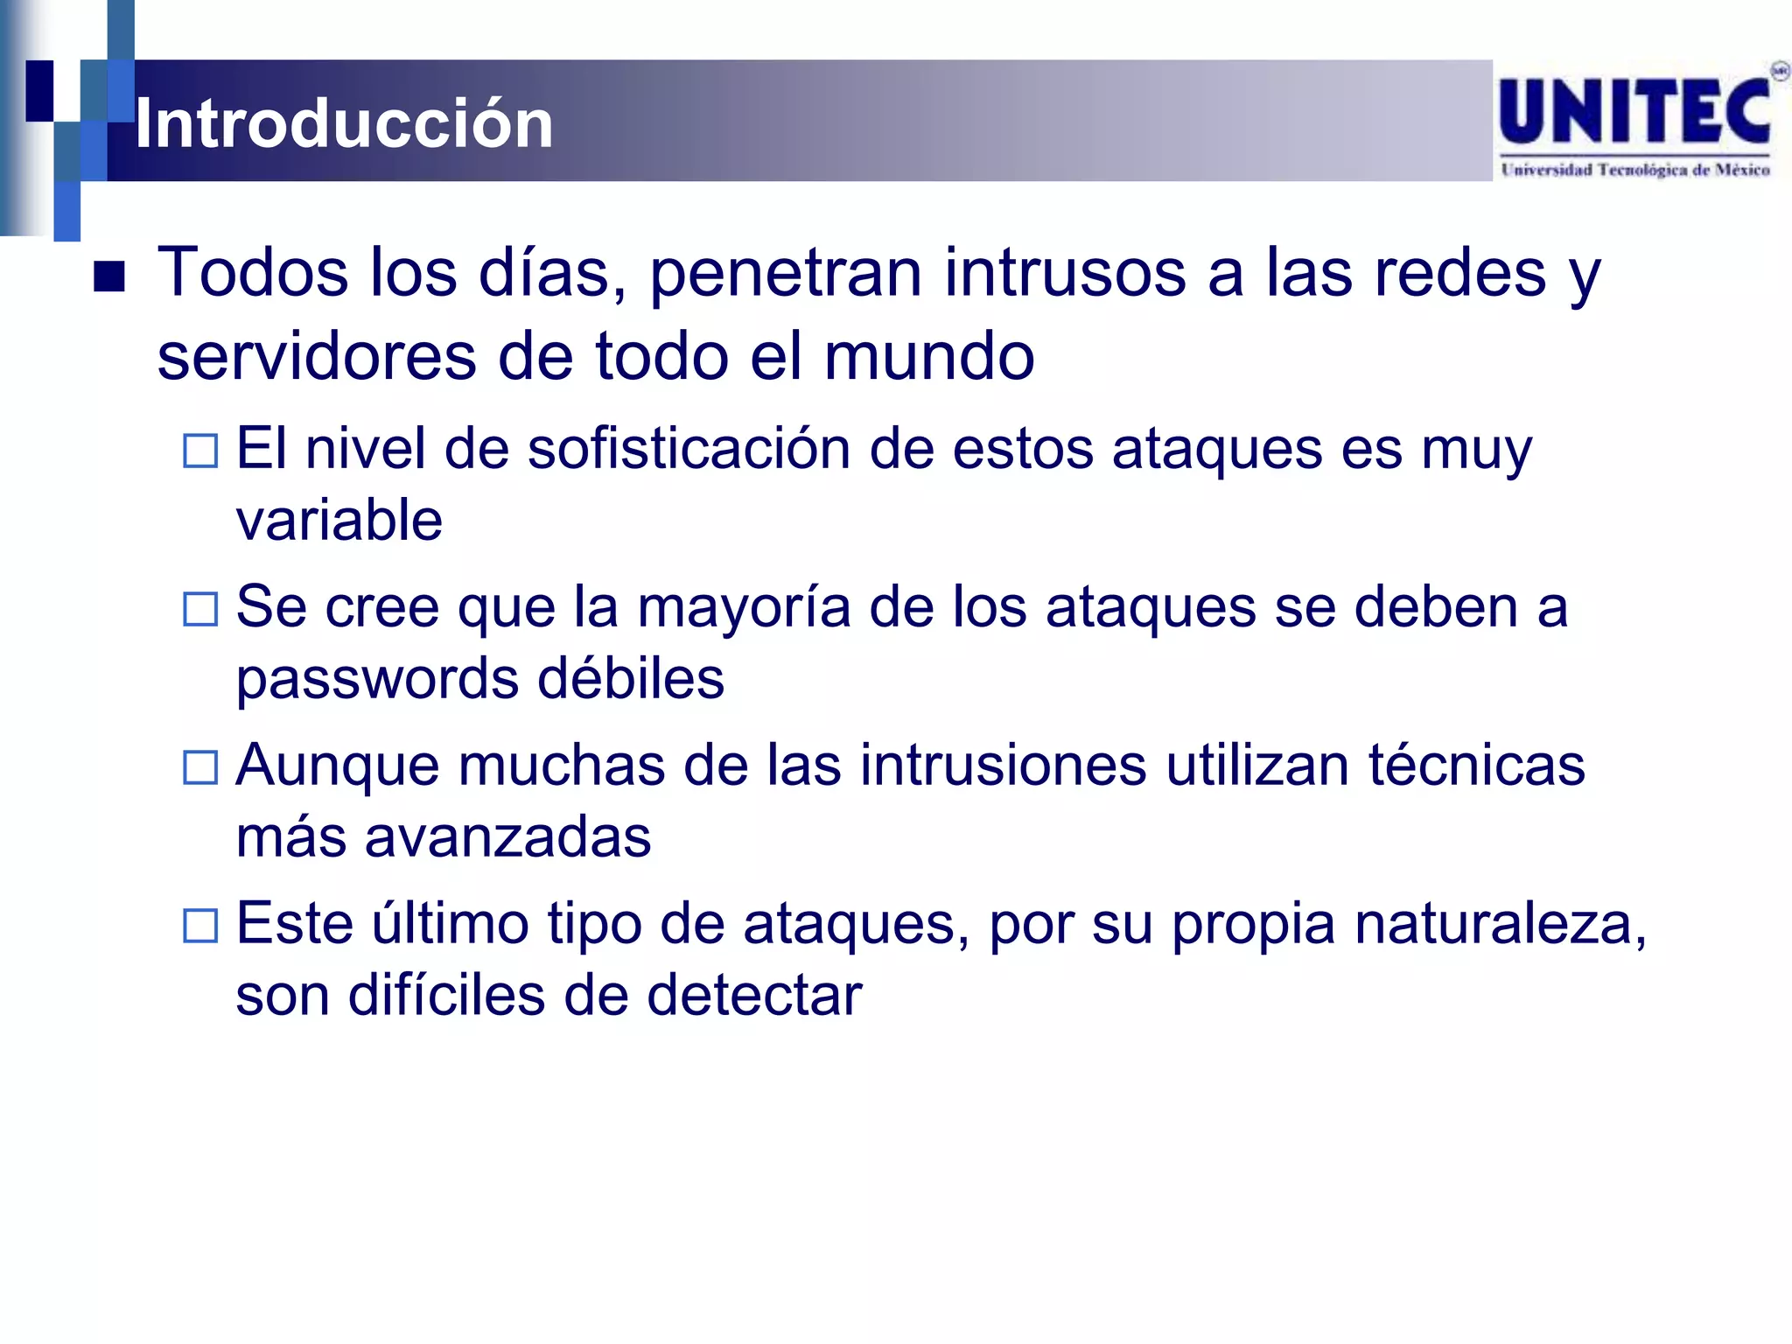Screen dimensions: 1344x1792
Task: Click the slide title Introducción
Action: [x=344, y=123]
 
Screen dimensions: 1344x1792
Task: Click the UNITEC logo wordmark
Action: [x=1634, y=111]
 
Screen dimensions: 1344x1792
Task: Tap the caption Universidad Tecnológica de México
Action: [x=1634, y=170]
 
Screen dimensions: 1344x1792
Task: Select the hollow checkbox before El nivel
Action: [x=200, y=451]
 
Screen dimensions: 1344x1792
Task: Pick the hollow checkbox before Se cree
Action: [x=200, y=609]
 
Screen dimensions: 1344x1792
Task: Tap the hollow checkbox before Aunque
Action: [x=200, y=767]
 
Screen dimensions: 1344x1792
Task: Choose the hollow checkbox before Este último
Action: [x=200, y=926]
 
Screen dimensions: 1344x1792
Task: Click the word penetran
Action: [x=785, y=275]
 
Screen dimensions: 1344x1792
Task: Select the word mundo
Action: [x=929, y=357]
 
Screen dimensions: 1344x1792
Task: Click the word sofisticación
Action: [x=689, y=449]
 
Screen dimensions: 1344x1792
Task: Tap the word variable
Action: [x=339, y=521]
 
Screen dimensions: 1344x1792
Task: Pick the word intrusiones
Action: [x=1003, y=766]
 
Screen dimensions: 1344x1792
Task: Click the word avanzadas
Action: [x=507, y=837]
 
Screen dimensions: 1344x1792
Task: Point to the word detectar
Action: [x=754, y=996]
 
